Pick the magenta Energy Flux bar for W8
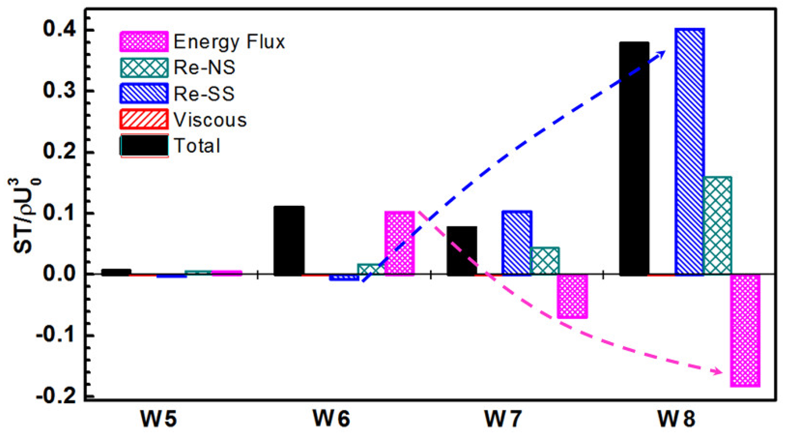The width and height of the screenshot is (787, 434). [x=745, y=330]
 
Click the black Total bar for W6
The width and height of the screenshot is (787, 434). [x=289, y=240]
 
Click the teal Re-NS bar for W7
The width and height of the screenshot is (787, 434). [x=545, y=261]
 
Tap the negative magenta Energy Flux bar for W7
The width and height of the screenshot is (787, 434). [x=572, y=296]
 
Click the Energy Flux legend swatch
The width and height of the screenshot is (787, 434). [x=144, y=42]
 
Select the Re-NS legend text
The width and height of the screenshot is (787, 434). [x=204, y=68]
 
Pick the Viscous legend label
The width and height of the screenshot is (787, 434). [x=210, y=120]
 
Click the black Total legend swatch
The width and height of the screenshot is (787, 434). [x=144, y=145]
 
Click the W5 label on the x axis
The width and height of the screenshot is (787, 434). [x=158, y=419]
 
